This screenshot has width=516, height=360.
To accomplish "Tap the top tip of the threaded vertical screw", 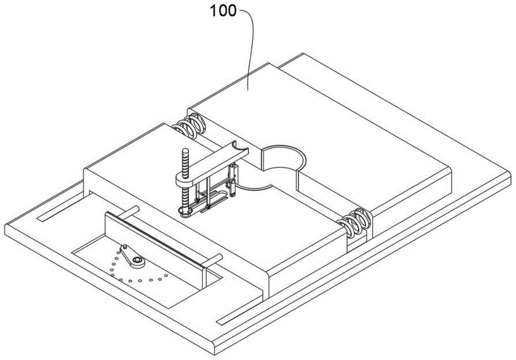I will [x=185, y=151].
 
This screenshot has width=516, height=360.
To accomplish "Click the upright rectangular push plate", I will [x=155, y=242].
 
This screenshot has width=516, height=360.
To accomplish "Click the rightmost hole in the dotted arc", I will [x=167, y=276].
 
